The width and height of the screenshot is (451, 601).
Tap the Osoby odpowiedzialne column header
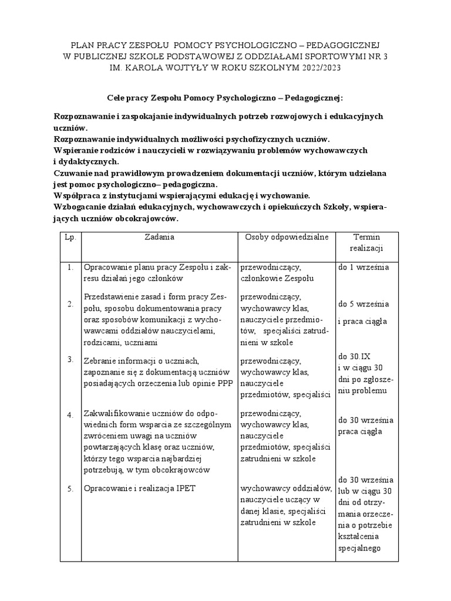click(x=287, y=237)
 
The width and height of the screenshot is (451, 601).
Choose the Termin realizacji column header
click(x=366, y=242)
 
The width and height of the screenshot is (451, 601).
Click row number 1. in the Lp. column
click(x=69, y=268)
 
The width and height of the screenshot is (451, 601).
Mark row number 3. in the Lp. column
click(x=69, y=359)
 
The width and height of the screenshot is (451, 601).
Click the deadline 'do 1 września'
click(x=364, y=267)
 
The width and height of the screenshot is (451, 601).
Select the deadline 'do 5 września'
click(x=364, y=304)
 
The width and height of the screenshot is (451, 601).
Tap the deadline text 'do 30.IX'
click(x=353, y=356)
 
